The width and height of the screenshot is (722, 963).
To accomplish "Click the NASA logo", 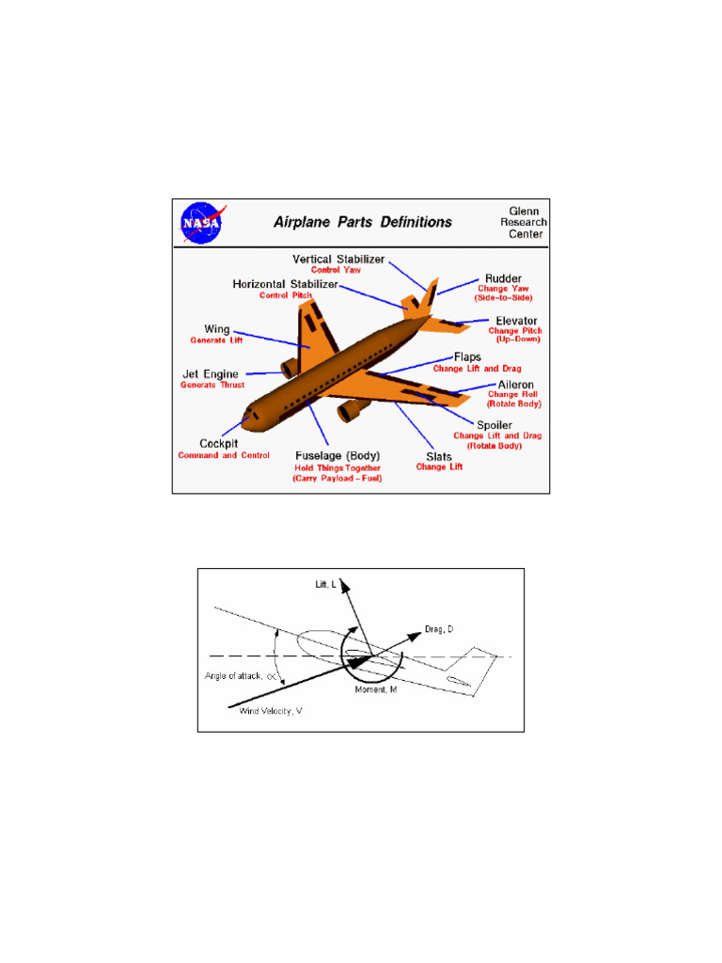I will point(201,223).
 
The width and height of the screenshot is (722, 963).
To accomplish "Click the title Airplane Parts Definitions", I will point(362,223).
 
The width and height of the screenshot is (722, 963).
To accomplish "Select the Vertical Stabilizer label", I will point(338,259).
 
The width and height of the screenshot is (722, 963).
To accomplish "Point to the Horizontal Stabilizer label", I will point(286,284).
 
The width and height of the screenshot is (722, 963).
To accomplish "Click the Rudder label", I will point(503,279).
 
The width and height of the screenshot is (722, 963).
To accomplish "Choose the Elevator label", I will point(517,321).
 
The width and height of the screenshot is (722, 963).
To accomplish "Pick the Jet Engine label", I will point(211,373).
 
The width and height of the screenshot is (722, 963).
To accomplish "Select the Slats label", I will point(432,456).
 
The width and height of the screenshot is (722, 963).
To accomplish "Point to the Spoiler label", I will point(495,425).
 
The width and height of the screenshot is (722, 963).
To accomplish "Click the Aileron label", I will point(515,384).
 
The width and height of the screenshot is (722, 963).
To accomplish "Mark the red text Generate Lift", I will point(216,340).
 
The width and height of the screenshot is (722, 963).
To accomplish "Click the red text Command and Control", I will point(223,456).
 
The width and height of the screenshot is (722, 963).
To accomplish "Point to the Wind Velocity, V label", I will point(271,711).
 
